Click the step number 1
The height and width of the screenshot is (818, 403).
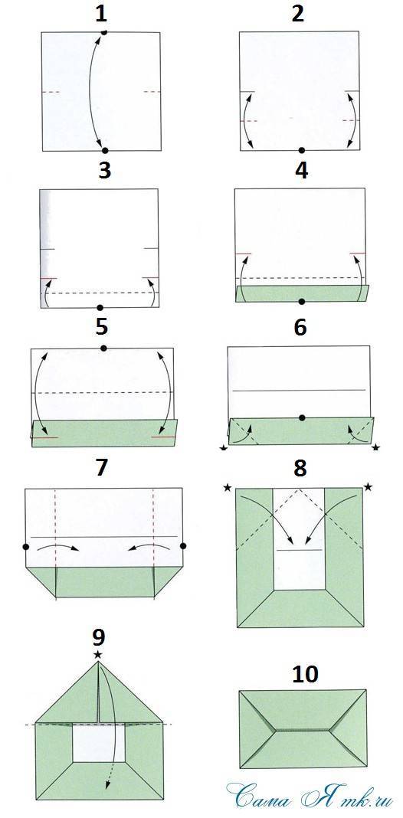[101, 14]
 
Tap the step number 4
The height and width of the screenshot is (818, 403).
[301, 171]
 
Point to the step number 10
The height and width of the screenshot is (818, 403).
[305, 674]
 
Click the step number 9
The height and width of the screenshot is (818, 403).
[98, 637]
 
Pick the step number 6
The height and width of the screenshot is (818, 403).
[300, 328]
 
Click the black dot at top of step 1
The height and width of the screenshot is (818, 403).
[104, 32]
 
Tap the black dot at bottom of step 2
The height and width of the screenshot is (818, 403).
[301, 150]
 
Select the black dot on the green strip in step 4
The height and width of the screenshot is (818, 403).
[301, 301]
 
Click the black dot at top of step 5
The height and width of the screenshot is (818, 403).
[103, 348]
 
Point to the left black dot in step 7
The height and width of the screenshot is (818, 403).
[26, 546]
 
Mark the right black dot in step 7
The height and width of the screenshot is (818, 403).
[183, 545]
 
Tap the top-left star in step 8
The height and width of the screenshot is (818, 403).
[227, 487]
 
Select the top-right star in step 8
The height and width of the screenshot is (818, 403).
[368, 487]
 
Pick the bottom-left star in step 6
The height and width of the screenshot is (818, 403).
[224, 447]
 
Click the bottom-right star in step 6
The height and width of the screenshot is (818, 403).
[375, 447]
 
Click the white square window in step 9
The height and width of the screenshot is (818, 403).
[99, 743]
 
